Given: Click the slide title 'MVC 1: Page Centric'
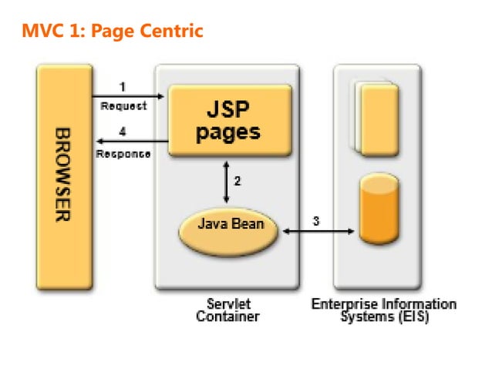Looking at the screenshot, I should [112, 32].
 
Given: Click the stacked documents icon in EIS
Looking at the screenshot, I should [377, 116].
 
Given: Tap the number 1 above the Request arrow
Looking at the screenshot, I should [123, 87].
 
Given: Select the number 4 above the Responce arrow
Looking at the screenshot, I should [123, 132].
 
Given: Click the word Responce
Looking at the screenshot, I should [123, 153].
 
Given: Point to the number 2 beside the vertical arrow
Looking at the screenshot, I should [238, 182].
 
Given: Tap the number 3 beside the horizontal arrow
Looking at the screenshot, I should [316, 221].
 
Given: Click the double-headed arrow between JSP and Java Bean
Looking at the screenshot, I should [224, 182].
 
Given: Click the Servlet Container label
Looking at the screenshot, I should [227, 309].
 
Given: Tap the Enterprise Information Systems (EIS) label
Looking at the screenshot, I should [383, 309].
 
